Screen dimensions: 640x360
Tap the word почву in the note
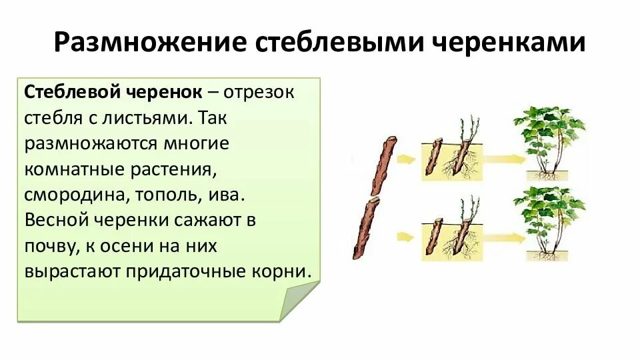(50, 246)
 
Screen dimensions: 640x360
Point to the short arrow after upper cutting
(404, 159)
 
